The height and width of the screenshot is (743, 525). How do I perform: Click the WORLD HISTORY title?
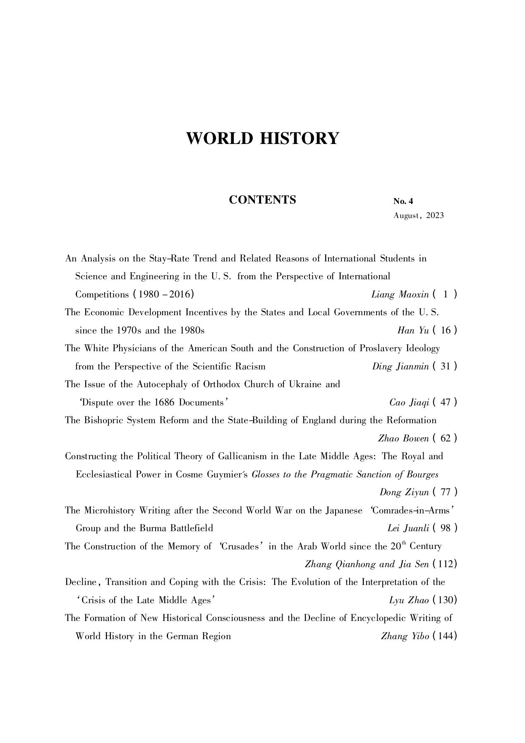[x=262, y=138]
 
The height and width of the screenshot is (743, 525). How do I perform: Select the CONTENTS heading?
[x=262, y=200]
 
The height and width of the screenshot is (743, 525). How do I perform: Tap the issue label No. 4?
[x=403, y=201]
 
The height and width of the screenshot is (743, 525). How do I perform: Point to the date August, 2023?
[x=418, y=216]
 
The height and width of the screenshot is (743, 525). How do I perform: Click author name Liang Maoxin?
[x=400, y=295]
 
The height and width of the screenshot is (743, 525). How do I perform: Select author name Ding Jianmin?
[x=400, y=367]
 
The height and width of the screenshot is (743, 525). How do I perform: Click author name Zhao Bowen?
[x=403, y=439]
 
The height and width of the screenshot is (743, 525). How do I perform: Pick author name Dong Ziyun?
[x=404, y=492]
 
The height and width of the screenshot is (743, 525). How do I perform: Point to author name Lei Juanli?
[x=408, y=528]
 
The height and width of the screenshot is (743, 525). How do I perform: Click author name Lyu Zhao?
[x=409, y=600]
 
